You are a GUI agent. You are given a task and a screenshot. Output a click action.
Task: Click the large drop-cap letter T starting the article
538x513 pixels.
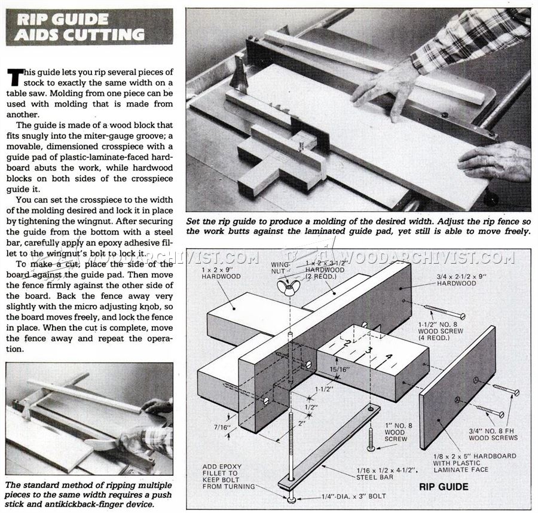15,77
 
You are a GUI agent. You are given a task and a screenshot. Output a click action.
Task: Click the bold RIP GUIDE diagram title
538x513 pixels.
443,486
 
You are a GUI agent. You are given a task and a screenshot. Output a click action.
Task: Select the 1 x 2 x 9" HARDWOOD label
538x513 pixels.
221,273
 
